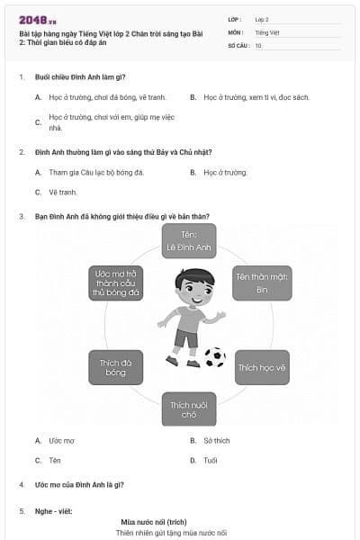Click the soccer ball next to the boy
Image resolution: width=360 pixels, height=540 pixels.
click(215, 357)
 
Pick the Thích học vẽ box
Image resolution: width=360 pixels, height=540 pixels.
click(261, 367)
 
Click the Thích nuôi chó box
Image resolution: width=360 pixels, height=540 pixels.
click(189, 409)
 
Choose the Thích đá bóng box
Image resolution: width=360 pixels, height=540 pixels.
click(116, 367)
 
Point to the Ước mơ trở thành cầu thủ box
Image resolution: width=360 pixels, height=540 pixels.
click(116, 283)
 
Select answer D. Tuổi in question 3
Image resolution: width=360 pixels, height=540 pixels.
click(210, 460)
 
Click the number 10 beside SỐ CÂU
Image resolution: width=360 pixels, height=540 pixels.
click(258, 45)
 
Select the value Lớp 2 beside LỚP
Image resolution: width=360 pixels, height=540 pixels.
click(262, 19)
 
